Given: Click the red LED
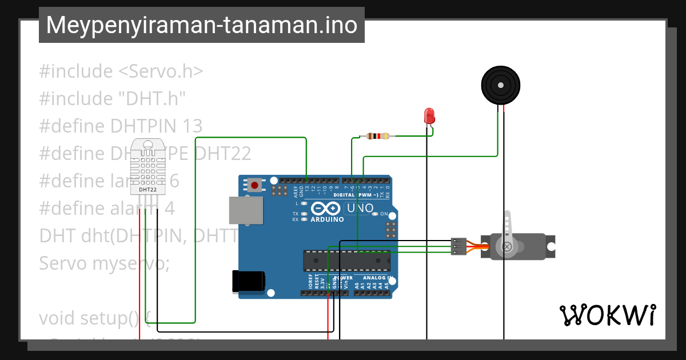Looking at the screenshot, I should (429, 115).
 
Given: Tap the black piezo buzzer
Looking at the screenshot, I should (501, 86).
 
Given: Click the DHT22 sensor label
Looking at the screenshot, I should (147, 189).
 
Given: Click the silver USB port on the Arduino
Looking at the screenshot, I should (245, 210).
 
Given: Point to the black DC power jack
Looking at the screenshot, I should (249, 282).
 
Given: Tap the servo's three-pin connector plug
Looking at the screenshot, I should (458, 246).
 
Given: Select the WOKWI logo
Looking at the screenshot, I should (607, 315).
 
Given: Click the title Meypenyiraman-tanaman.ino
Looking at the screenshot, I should (201, 25).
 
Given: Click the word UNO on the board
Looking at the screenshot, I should (360, 208).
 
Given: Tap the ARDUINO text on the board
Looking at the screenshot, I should (327, 219).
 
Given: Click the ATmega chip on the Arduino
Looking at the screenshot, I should (346, 261).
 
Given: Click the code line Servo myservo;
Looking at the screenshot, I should (104, 263).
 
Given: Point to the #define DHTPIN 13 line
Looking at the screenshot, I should (121, 126).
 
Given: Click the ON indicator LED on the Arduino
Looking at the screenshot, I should (375, 214).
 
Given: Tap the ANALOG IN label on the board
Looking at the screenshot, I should (375, 278).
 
